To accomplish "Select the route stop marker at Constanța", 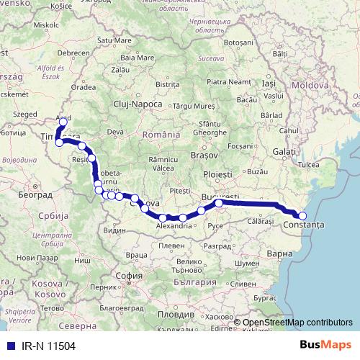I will pyautogui.click(x=302, y=216).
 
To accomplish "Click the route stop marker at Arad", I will pyautogui.click(x=63, y=122).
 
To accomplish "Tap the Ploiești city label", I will pyautogui.click(x=218, y=174).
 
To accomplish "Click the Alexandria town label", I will pyautogui.click(x=174, y=225).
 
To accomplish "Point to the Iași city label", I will pyautogui.click(x=269, y=84).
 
